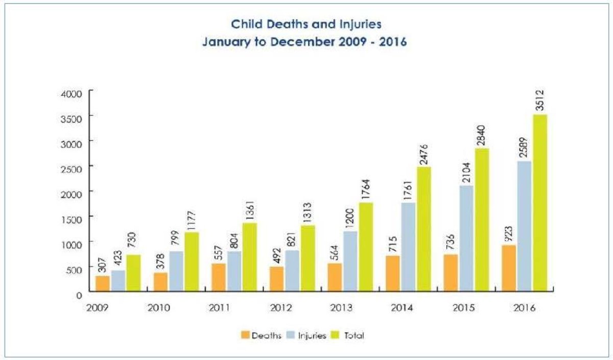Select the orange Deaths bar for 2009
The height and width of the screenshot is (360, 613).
(103, 283)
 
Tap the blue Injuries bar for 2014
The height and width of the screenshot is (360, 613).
(409, 247)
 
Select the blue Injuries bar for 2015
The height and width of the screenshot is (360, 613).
(466, 238)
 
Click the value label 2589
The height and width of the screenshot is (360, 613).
(525, 147)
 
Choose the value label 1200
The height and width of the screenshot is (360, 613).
(350, 218)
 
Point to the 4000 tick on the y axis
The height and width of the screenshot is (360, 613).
(72, 93)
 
